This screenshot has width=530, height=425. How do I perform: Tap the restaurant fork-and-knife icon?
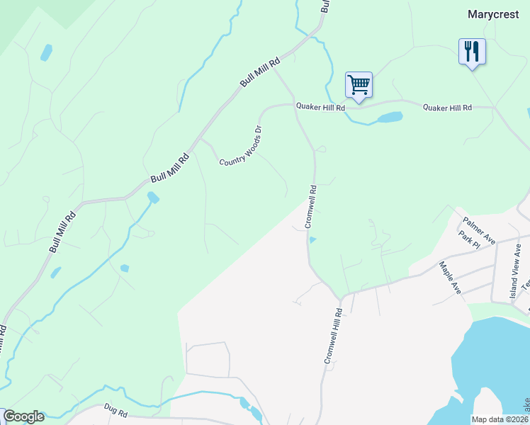click(x=472, y=52)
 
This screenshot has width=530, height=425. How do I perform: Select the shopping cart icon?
click(x=359, y=86)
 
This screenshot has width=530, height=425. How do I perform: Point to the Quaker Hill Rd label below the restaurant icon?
click(x=447, y=108)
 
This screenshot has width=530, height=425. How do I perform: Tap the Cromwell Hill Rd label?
click(x=334, y=336)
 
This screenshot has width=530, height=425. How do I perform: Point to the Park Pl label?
click(x=469, y=239)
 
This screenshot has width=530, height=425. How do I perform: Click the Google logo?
click(x=23, y=416)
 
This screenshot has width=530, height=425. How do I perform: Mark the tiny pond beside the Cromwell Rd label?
click(x=312, y=239)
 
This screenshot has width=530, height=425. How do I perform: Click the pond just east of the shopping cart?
click(x=390, y=117)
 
